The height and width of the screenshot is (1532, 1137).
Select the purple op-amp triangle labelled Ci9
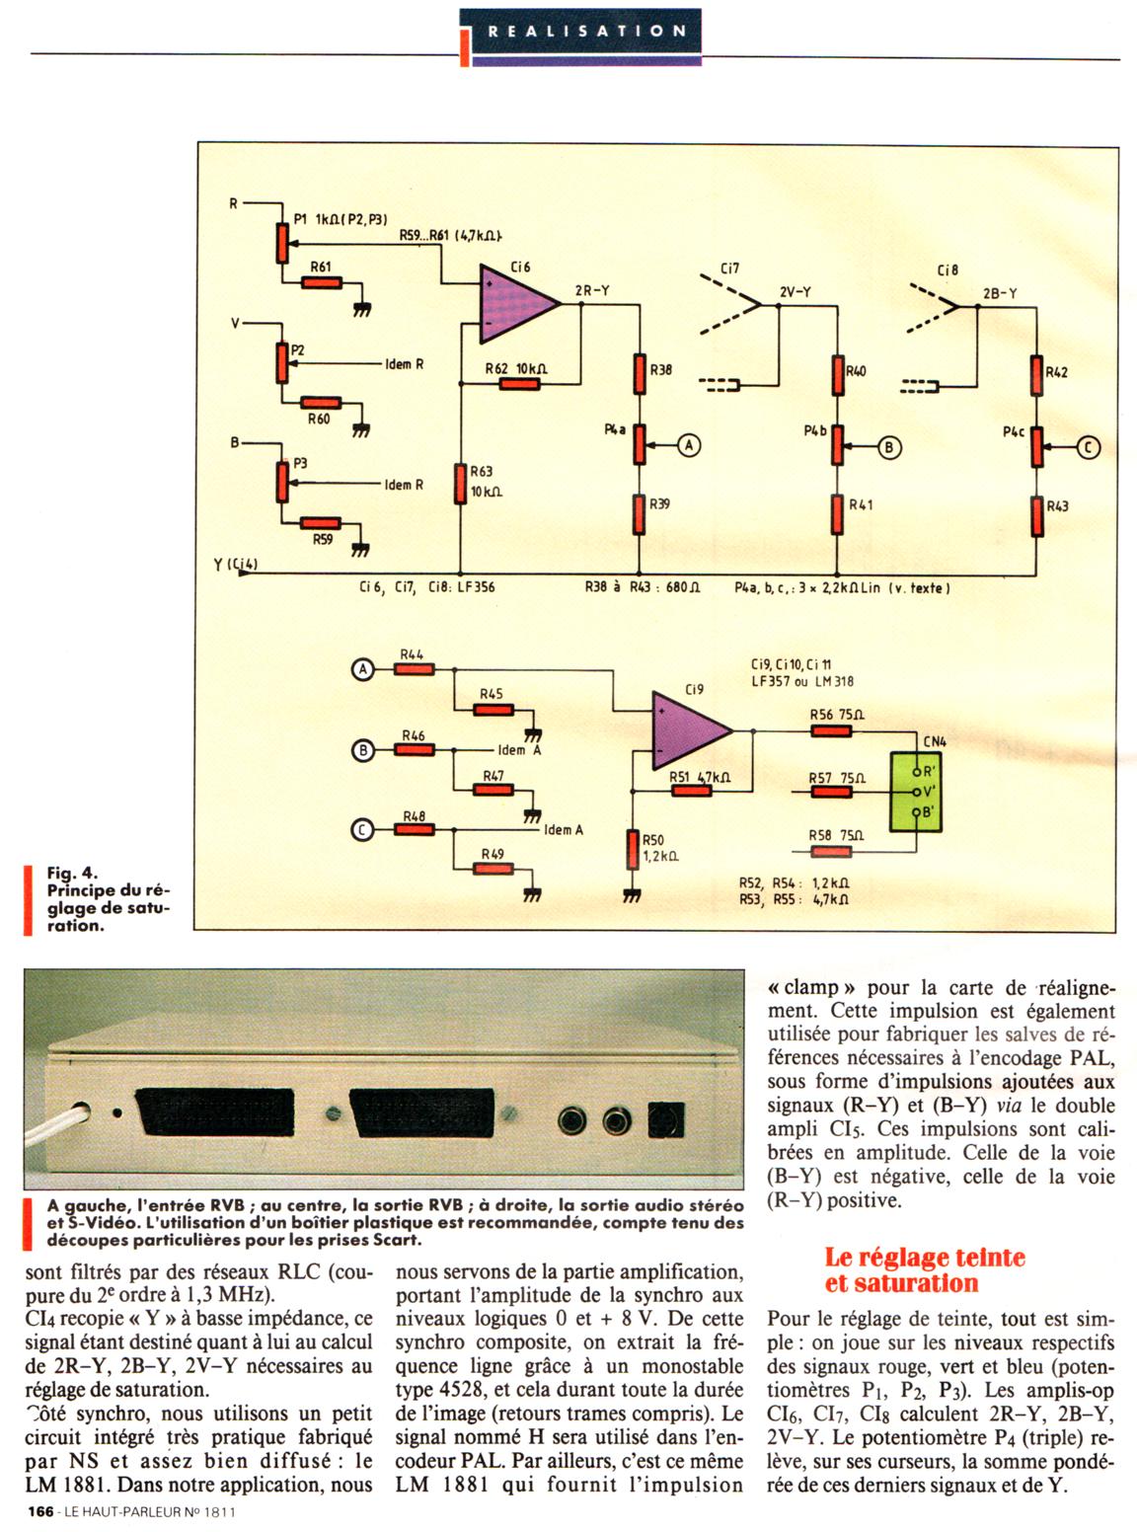pos(689,731)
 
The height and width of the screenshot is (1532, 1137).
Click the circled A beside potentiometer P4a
pos(689,446)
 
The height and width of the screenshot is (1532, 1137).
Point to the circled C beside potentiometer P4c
pos(1088,446)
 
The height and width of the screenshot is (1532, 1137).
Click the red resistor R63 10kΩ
pos(460,484)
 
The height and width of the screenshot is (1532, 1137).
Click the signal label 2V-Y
pos(795,291)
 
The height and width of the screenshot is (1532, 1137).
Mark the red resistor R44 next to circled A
pos(413,668)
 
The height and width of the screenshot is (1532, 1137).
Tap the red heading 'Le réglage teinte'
pos(925,1258)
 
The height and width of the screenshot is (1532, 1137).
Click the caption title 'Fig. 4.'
pos(73,873)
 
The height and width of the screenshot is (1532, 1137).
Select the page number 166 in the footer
pos(39,1511)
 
